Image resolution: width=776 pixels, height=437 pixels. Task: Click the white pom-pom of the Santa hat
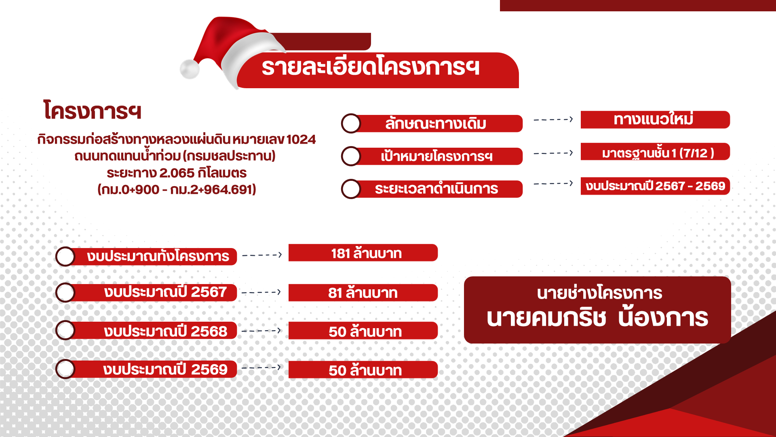190,69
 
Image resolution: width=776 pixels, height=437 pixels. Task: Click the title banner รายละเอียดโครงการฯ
378,70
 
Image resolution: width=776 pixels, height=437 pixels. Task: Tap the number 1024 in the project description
301,139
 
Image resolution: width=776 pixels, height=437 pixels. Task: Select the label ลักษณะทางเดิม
436,123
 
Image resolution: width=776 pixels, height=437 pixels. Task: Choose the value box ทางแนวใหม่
655,120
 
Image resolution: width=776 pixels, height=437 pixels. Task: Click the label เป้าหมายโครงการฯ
436,156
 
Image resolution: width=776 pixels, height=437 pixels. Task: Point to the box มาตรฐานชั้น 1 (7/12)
655,152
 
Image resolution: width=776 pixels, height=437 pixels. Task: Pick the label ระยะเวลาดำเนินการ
436,189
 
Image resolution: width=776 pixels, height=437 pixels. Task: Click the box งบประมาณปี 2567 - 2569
655,186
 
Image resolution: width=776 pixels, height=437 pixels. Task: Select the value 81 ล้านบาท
363,293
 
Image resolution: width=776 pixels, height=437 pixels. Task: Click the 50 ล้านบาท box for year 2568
363,331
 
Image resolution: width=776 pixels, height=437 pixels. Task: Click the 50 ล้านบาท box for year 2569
363,369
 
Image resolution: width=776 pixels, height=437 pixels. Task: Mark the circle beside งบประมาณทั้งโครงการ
65,257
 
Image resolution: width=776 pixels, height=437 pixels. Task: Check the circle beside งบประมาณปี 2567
65,293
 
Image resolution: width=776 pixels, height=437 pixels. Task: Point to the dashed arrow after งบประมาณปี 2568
261,331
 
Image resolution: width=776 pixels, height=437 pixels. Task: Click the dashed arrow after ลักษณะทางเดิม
553,119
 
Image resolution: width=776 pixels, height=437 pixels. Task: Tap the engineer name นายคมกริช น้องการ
597,318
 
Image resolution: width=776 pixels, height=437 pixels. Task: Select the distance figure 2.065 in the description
177,173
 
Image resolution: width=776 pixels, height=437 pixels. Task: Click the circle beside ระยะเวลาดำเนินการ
351,189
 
